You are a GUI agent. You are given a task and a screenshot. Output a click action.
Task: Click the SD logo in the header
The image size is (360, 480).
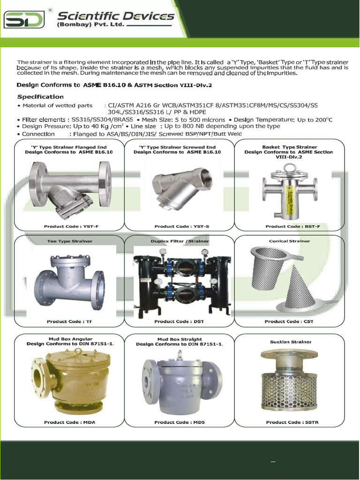pos(24,20)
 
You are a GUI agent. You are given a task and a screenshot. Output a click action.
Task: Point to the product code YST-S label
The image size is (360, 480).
pos(181,226)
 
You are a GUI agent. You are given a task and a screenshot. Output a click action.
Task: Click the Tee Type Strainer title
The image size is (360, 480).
pos(69,241)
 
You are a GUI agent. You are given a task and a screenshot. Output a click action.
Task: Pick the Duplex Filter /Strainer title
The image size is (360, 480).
pos(180,241)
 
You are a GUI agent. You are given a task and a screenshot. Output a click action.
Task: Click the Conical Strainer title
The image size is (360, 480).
pos(289,241)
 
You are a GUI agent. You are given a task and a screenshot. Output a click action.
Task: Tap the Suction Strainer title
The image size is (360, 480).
pos(290,342)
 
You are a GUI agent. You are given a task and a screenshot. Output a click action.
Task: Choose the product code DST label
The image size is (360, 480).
pos(179,322)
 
